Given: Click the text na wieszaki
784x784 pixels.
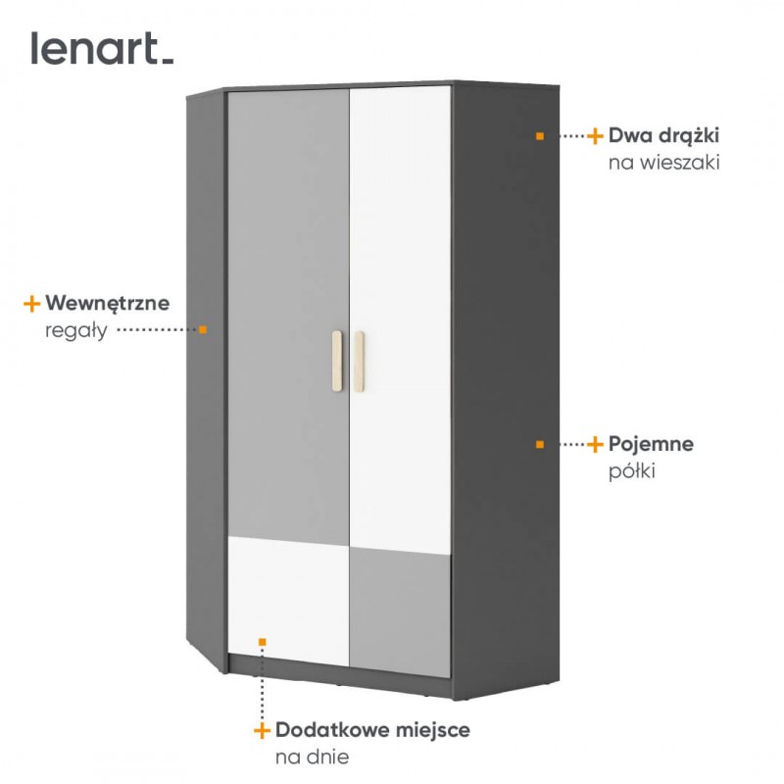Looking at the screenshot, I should click(664, 163).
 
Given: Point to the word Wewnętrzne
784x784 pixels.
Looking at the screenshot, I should click(108, 303).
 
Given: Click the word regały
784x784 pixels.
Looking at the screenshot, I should click(76, 330).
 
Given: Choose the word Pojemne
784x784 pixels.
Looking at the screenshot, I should click(651, 444).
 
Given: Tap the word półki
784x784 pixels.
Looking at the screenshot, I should click(631, 471).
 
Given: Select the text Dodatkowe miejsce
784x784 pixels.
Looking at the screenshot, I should click(372, 730).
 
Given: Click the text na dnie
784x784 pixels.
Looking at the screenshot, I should click(312, 757).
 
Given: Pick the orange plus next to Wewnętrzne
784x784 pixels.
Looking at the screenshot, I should click(32, 304).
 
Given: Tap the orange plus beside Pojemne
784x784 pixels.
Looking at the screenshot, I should click(595, 445).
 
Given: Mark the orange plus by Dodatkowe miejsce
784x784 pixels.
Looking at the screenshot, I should click(262, 730).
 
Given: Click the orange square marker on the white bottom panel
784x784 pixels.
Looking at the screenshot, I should click(262, 641).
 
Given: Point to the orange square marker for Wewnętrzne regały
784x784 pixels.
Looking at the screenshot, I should click(203, 329).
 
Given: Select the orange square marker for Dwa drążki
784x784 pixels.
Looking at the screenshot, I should click(539, 135).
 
